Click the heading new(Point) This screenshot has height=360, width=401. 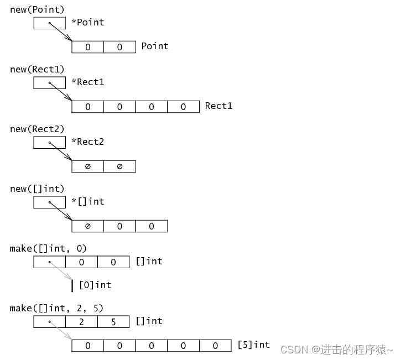pyautogui.click(x=37, y=10)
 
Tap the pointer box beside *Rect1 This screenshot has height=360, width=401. pyautogui.click(x=50, y=82)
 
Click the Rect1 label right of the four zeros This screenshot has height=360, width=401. pyautogui.click(x=218, y=106)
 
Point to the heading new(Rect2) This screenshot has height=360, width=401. pyautogui.click(x=37, y=129)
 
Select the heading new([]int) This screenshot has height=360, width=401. pyautogui.click(x=37, y=189)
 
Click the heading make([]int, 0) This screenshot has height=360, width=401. pyautogui.click(x=48, y=248)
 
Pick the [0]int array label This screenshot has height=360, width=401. pyautogui.click(x=95, y=285)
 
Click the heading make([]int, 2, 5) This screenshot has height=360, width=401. pyautogui.click(x=56, y=308)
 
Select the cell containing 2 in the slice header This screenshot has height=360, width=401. pyautogui.click(x=81, y=321)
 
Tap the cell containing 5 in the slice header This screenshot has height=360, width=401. pyautogui.click(x=113, y=321)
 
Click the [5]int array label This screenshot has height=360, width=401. pyautogui.click(x=253, y=345)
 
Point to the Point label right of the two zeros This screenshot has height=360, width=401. pyautogui.click(x=155, y=46)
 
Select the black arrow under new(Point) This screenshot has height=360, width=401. pyautogui.click(x=61, y=32)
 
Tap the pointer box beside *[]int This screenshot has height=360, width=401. pyautogui.click(x=50, y=202)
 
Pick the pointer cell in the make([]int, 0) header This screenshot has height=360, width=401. pyautogui.click(x=50, y=262)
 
